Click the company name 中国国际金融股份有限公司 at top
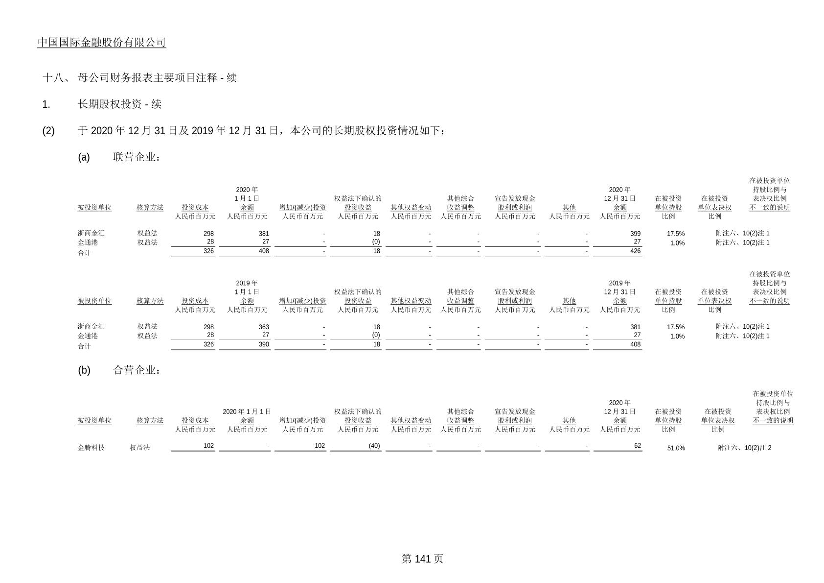pyautogui.click(x=101, y=42)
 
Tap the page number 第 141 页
pyautogui.click(x=422, y=559)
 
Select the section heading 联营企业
pyautogui.click(x=137, y=157)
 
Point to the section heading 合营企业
pyautogui.click(x=137, y=370)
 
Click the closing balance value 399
pyautogui.click(x=635, y=234)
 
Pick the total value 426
pyautogui.click(x=635, y=251)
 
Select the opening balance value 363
pyautogui.click(x=264, y=327)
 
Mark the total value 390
pyautogui.click(x=264, y=344)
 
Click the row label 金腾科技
pyautogui.click(x=91, y=447)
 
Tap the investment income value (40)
pyautogui.click(x=374, y=446)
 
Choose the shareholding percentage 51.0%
pyautogui.click(x=676, y=448)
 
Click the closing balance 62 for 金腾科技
pyautogui.click(x=638, y=446)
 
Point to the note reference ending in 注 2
pyautogui.click(x=744, y=448)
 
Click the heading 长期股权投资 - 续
pyautogui.click(x=119, y=104)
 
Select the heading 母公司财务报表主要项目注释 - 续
pyautogui.click(x=157, y=78)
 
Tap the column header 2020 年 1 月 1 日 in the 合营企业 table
pyautogui.click(x=247, y=412)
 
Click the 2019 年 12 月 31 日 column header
pyautogui.click(x=620, y=287)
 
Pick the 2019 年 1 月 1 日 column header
pyautogui.click(x=247, y=287)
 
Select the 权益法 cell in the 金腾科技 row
pyautogui.click(x=140, y=447)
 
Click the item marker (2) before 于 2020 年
pyautogui.click(x=48, y=131)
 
